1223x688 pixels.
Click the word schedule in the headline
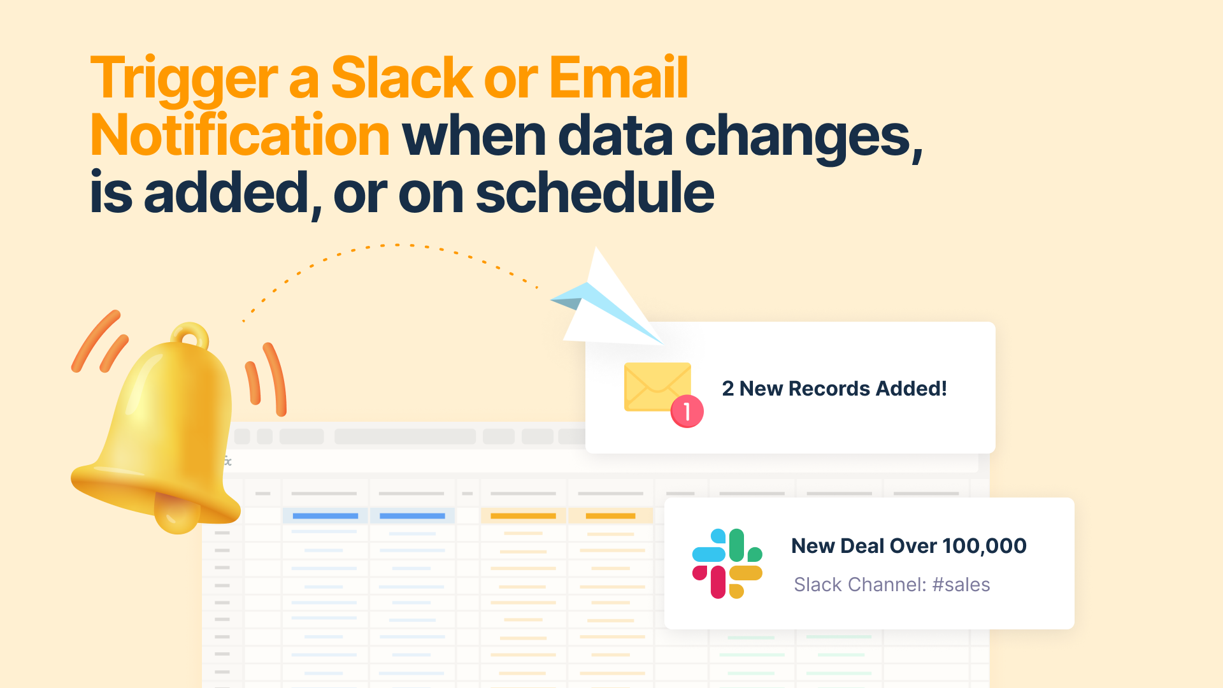595,192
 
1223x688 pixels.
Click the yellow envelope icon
657,387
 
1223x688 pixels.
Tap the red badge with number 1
687,412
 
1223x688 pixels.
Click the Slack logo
727,564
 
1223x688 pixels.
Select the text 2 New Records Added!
834,389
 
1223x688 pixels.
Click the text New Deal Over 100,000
909,546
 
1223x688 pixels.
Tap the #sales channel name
961,585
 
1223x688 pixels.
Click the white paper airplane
605,303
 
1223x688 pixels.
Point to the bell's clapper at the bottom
177,514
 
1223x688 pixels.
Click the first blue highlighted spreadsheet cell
325,516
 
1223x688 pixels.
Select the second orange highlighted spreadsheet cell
610,516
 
